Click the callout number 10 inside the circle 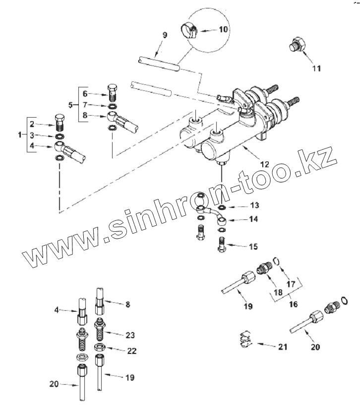[x=224, y=30]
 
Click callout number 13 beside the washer [x=254, y=206]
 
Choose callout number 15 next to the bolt [x=253, y=246]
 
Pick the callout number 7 [x=85, y=105]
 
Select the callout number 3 [x=31, y=135]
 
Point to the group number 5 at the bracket [x=70, y=105]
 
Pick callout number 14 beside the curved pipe [x=254, y=218]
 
